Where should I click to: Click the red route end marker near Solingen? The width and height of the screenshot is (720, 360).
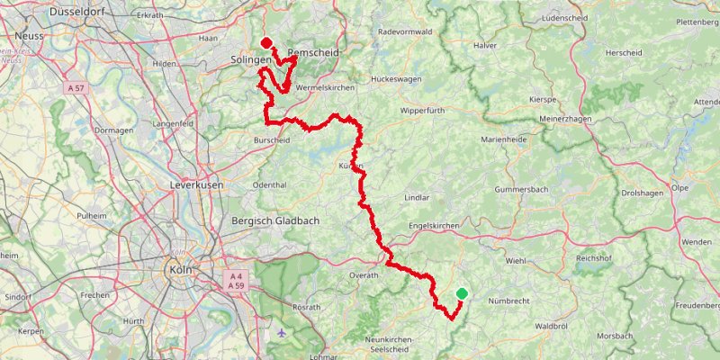click(x=266, y=43)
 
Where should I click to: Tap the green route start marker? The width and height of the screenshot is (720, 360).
click(x=462, y=293)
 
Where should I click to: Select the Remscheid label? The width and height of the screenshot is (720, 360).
click(x=313, y=54)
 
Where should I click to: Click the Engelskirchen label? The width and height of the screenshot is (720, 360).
click(x=434, y=225)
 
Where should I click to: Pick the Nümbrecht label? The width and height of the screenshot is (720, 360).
click(x=508, y=301)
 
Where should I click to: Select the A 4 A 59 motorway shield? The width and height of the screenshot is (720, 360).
click(x=237, y=281)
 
